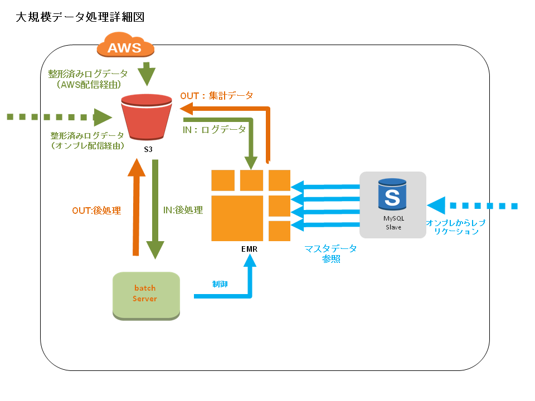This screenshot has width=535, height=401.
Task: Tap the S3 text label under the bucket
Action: click(x=148, y=149)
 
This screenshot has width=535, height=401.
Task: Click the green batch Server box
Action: click(x=145, y=294)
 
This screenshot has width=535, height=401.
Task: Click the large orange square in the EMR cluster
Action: click(x=237, y=218)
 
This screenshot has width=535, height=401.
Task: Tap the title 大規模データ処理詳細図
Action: click(x=80, y=17)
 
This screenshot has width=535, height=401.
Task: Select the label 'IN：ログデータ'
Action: click(x=215, y=129)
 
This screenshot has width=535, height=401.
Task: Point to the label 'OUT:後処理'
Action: click(x=96, y=211)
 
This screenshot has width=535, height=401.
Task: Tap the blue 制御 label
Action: click(x=220, y=283)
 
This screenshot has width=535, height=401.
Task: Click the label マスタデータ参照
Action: click(x=330, y=253)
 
